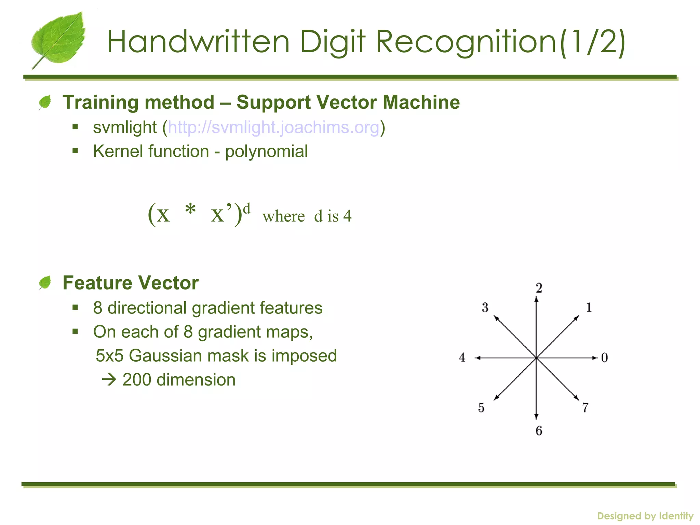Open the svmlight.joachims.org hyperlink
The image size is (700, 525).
tap(273, 127)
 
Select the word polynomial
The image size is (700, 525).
tap(266, 151)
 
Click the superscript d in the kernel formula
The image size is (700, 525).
tap(246, 208)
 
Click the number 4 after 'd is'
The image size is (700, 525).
tap(347, 216)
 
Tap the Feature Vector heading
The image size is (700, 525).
tap(131, 283)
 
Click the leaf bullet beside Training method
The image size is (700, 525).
tap(45, 102)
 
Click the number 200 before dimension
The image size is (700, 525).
tap(137, 380)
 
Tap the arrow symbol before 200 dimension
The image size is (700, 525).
tap(109, 380)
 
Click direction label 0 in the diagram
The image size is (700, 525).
tap(604, 358)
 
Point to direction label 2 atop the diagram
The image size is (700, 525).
tap(539, 288)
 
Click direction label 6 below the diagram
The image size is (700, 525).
tap(539, 431)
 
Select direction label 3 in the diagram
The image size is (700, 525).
tap(485, 308)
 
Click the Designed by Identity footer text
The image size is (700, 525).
tap(645, 516)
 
